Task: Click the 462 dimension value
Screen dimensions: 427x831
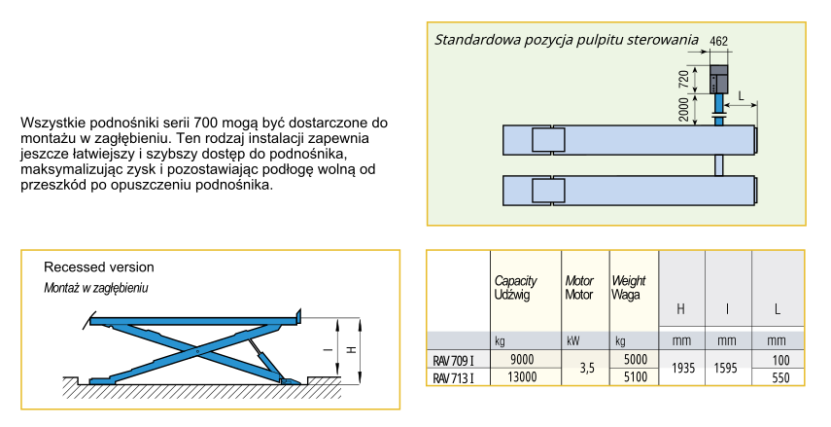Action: click(x=719, y=41)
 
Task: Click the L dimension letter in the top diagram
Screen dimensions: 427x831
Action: click(x=742, y=95)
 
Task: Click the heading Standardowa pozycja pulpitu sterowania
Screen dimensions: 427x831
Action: click(x=567, y=40)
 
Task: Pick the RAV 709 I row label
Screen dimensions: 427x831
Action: click(x=454, y=360)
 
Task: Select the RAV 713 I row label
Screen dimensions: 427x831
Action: click(x=454, y=376)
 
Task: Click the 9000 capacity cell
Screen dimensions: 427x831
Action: click(x=527, y=359)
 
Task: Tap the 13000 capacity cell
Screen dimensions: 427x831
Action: click(x=527, y=376)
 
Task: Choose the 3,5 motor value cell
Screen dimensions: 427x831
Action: click(x=585, y=368)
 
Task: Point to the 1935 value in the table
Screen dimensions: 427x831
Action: click(x=681, y=369)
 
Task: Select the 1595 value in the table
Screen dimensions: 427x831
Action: click(x=729, y=369)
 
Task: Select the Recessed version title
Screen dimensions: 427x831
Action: click(x=99, y=267)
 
